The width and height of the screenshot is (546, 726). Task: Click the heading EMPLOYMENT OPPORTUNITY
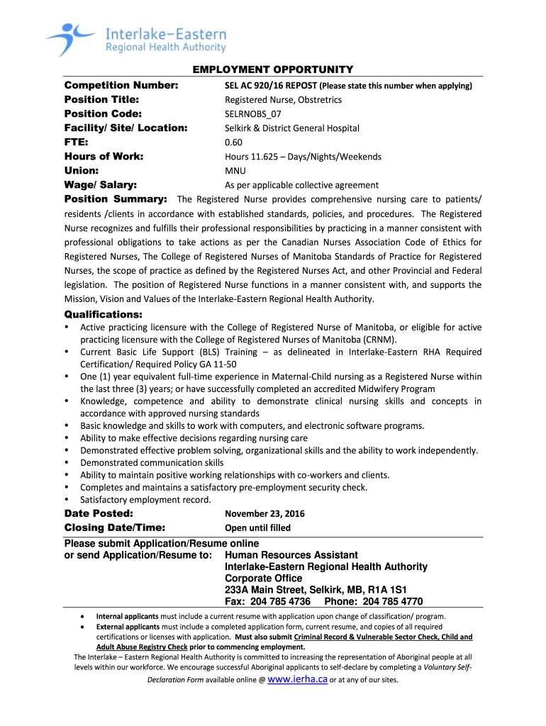pos(273,69)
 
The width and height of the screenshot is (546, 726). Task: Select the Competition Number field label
pos(121,85)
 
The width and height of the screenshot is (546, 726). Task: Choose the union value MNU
pos(235,170)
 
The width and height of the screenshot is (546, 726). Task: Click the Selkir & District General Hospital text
pos(292,128)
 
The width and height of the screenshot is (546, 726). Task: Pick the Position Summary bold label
pos(116,199)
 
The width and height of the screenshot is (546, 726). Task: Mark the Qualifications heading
pos(104,314)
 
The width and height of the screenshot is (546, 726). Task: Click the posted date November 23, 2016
pos(264,514)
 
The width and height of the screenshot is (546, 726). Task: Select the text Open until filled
pos(257,527)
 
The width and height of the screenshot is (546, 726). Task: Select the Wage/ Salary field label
pos(101,184)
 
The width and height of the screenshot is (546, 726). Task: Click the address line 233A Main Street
pos(265,590)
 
